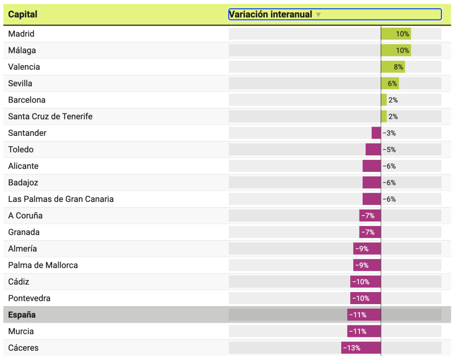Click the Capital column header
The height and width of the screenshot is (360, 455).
(23, 14)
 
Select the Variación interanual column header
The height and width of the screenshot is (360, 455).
(270, 14)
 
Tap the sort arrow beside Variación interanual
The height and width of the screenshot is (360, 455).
(318, 15)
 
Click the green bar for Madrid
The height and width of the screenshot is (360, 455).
(395, 34)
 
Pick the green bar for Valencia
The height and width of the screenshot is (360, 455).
(393, 67)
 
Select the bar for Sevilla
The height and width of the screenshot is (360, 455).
(390, 83)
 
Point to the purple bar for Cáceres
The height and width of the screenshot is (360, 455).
(361, 348)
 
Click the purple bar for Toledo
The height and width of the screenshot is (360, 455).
(373, 150)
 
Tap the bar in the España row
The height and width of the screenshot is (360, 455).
(364, 315)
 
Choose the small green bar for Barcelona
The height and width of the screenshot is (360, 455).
(384, 100)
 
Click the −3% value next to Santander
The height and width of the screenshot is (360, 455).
(389, 133)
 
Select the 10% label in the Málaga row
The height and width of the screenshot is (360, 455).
(403, 51)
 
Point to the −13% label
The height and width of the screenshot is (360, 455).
(352, 348)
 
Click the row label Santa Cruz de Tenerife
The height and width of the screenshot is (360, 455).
(50, 117)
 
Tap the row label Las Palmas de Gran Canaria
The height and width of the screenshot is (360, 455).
(61, 199)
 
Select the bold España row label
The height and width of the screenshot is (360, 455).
(22, 315)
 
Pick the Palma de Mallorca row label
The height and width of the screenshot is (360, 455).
(43, 265)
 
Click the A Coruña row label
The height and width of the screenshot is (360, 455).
(25, 216)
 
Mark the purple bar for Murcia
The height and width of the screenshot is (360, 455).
(364, 332)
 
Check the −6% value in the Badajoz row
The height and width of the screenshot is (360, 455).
(389, 183)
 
